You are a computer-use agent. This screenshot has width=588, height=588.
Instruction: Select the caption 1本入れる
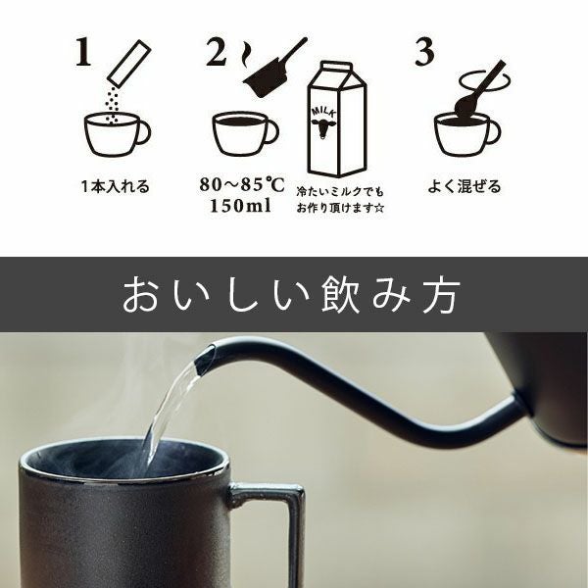pos(116,186)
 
